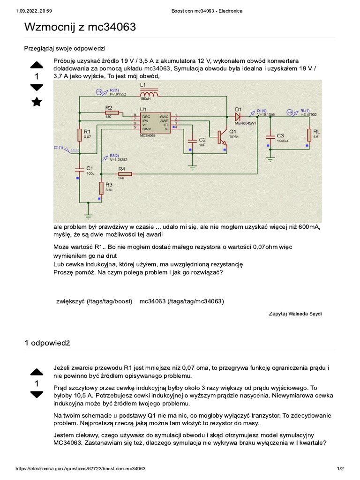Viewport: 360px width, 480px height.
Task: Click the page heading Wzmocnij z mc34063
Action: [80, 28]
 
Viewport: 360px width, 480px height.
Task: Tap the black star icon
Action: [37, 102]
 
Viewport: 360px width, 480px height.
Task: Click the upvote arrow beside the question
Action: [37, 65]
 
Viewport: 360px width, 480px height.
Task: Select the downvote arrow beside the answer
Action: [37, 395]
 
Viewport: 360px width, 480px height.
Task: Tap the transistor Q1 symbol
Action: [222, 136]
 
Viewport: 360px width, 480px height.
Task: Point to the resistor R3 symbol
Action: [101, 187]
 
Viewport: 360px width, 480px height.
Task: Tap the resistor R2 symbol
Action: [112, 113]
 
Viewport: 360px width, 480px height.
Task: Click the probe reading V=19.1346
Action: [266, 114]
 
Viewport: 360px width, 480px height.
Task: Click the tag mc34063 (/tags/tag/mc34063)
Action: [182, 301]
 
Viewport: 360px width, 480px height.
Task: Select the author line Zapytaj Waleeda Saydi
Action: [295, 314]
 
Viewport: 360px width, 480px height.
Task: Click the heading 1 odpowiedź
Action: [47, 343]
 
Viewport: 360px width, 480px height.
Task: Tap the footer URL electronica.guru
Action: [81, 469]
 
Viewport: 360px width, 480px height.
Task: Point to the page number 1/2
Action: [340, 469]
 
